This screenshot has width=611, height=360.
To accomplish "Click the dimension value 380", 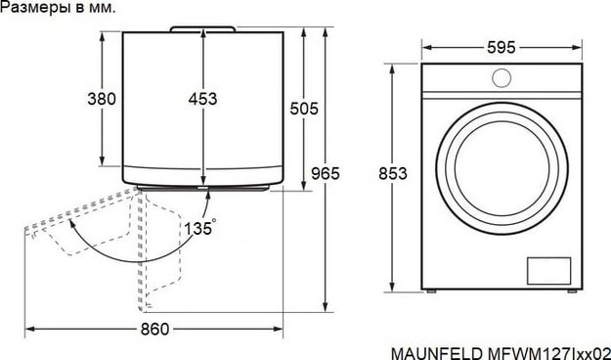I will [x=101, y=99].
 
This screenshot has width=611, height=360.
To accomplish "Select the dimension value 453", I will [x=202, y=99].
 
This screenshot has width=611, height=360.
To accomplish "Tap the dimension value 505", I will [x=304, y=110].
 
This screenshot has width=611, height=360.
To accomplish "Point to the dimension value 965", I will [x=325, y=173].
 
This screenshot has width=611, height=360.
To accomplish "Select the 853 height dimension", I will [x=392, y=173].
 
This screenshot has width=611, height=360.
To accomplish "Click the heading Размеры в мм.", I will [x=58, y=8].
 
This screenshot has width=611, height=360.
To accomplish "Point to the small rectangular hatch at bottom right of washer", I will [x=548, y=268].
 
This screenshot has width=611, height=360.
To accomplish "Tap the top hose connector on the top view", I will [x=202, y=28].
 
